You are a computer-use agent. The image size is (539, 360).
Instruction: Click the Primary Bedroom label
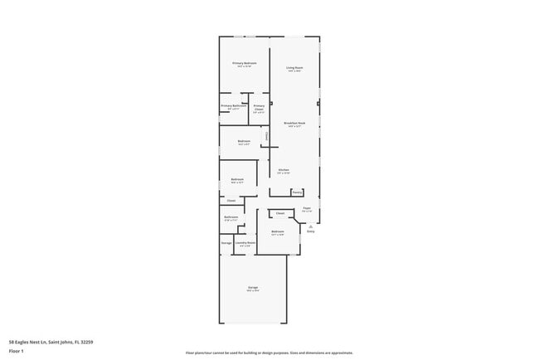click(x=244, y=63)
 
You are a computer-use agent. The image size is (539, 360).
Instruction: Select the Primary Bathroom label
click(x=232, y=105)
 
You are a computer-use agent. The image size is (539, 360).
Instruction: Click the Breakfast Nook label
click(x=294, y=123)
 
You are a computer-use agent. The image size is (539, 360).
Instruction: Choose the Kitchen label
click(x=284, y=169)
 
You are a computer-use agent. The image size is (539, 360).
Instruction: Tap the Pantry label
click(x=297, y=192)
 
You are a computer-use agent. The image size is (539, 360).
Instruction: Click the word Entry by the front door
click(x=311, y=231)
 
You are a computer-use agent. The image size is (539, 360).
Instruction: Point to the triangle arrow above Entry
click(x=311, y=226)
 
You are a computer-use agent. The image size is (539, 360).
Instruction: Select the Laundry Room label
click(x=245, y=243)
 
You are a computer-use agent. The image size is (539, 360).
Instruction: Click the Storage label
click(x=226, y=243)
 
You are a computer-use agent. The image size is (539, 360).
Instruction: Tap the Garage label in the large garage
click(x=252, y=287)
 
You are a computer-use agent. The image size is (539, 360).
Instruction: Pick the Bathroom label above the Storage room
click(x=231, y=217)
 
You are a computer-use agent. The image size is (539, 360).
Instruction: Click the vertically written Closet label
click(x=266, y=136)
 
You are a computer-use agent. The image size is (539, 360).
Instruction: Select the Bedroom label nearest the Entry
click(x=277, y=231)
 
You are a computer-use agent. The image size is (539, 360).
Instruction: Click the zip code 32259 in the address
click(x=86, y=341)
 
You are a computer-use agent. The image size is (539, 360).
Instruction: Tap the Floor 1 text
click(x=17, y=350)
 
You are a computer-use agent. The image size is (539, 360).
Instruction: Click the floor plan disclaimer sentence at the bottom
click(x=269, y=353)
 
